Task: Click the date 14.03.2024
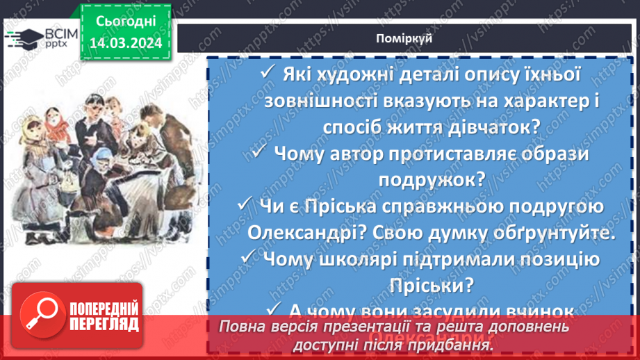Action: pos(124,43)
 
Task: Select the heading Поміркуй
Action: pos(408,38)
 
